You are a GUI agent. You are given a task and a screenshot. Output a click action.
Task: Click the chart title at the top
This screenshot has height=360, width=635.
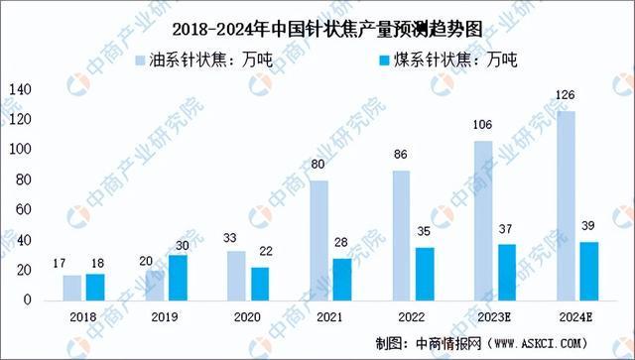pos(317,26)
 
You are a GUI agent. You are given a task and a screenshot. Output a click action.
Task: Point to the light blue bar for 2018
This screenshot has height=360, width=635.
pos(72,287)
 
